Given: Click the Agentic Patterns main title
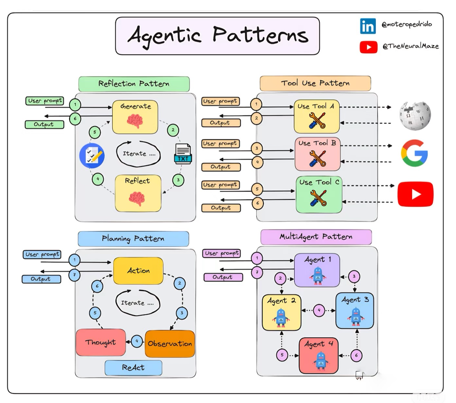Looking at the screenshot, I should [x=217, y=36].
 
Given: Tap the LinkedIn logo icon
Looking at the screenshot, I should [x=368, y=26].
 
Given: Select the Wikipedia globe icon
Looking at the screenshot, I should [x=414, y=115].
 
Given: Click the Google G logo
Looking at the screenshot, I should [x=414, y=153].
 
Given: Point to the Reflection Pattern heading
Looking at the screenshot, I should [x=134, y=84].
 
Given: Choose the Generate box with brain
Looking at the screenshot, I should [x=135, y=117].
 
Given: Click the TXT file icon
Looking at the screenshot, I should [x=183, y=154].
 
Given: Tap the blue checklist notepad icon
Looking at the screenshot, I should [x=92, y=155].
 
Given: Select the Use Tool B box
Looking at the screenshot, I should [x=317, y=154].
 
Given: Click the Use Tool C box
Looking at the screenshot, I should [x=319, y=194].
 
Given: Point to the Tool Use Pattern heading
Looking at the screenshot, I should [x=315, y=83].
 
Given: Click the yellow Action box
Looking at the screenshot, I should [x=138, y=271].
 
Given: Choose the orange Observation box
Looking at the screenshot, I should [x=170, y=344].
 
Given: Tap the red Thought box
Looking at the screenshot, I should [x=101, y=342].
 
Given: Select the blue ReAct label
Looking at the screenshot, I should [x=133, y=368].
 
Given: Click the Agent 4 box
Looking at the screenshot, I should [x=319, y=355].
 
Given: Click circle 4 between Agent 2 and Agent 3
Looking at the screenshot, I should [x=319, y=311].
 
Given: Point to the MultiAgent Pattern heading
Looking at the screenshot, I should [x=316, y=237].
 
